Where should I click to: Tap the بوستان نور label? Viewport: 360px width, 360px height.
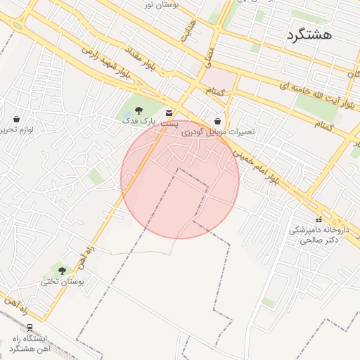click(x=162, y=4)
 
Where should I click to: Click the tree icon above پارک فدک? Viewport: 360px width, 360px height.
click(x=138, y=110)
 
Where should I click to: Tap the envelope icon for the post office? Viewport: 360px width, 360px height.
click(x=168, y=112)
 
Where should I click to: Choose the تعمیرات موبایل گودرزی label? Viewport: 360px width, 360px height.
click(x=218, y=132)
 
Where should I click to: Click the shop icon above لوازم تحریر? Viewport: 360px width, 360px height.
click(x=16, y=119)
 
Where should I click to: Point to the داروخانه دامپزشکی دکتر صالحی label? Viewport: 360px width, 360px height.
click(x=319, y=235)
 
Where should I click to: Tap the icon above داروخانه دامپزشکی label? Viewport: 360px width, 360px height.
click(x=319, y=219)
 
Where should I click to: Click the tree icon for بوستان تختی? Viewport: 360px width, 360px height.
click(x=62, y=271)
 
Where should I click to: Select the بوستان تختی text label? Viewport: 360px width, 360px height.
click(x=62, y=282)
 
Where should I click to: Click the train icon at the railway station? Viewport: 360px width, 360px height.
click(x=30, y=328)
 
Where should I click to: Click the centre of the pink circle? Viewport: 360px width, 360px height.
click(x=180, y=179)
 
